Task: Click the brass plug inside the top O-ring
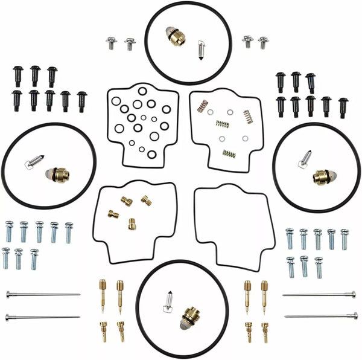tap(176, 37)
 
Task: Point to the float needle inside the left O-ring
tap(34, 161)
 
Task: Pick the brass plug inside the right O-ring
tap(322, 176)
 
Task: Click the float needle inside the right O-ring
tap(305, 158)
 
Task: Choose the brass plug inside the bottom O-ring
tap(190, 318)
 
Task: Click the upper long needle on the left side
tap(42, 295)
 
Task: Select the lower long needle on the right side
tap(320, 315)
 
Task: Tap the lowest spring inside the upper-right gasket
tap(229, 153)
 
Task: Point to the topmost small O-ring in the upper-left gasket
tap(142, 91)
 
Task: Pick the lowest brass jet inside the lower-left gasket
tap(132, 224)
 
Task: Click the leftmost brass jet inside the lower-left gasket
tap(113, 213)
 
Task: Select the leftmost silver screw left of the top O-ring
tap(111, 43)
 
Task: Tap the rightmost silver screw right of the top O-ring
tap(263, 42)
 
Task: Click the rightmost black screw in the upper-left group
tap(81, 100)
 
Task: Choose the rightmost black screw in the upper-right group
tap(343, 106)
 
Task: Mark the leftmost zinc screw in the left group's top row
tap(9, 231)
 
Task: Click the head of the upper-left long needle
tap(9, 295)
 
